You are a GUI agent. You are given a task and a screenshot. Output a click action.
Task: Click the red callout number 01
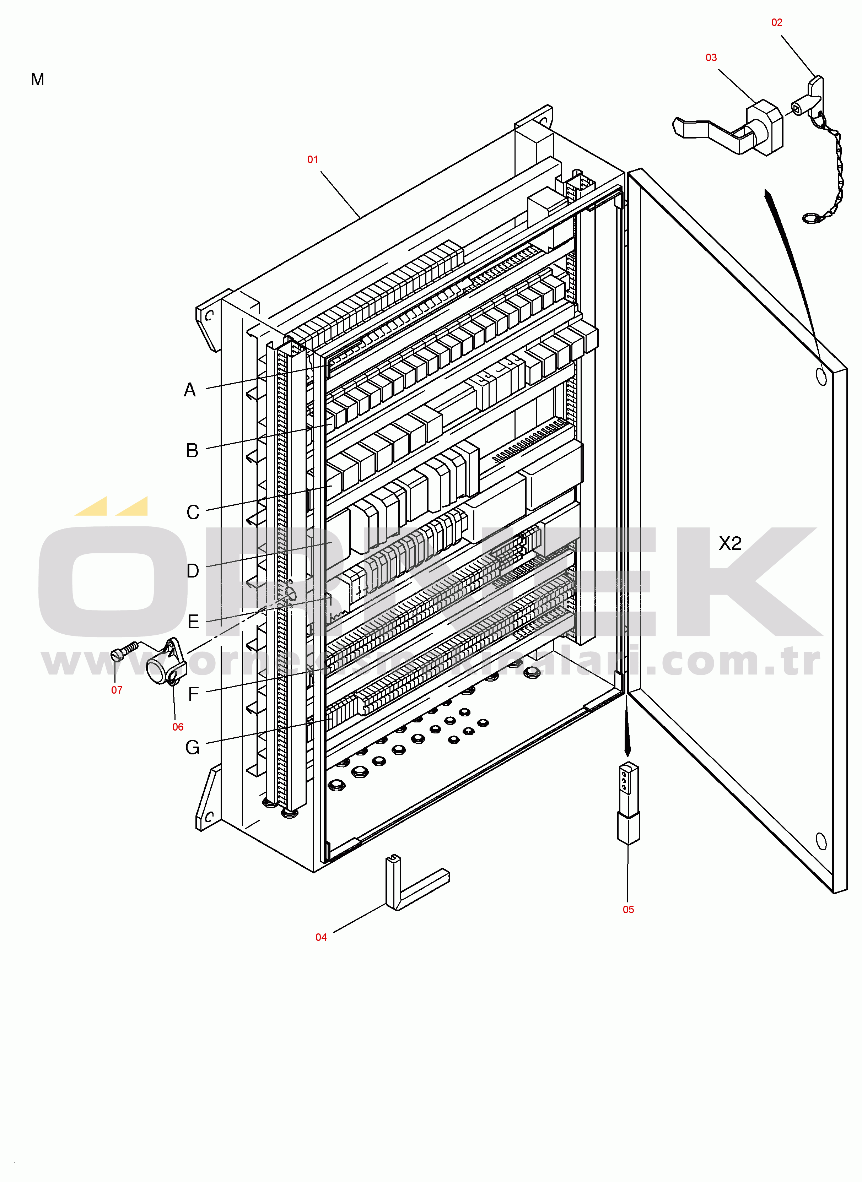coord(313,159)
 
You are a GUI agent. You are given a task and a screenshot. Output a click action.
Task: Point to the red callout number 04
coord(321,937)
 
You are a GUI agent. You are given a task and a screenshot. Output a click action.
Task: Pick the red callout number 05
coord(628,910)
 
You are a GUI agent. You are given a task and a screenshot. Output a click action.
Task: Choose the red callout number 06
coord(178,727)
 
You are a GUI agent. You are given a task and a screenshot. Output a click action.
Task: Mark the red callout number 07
coord(117,690)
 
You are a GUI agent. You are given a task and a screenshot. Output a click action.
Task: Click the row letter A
coord(190,390)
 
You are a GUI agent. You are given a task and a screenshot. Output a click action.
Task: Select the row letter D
coord(193,571)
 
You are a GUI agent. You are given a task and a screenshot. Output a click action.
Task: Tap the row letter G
coord(193,748)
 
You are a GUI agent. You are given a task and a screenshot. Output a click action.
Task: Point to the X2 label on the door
coord(730,543)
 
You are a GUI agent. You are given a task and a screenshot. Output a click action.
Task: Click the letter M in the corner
coord(38,79)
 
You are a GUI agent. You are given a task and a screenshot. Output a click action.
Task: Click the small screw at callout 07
coord(124,651)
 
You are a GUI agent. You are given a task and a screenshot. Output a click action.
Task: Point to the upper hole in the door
coord(821,376)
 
